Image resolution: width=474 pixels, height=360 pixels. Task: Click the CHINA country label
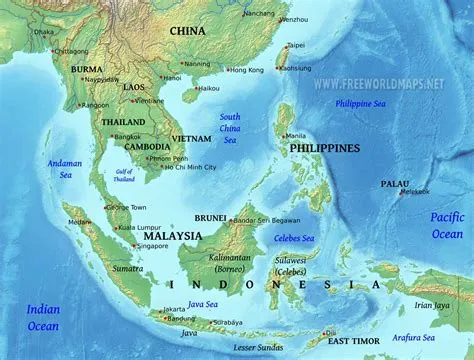pyautogui.click(x=187, y=31)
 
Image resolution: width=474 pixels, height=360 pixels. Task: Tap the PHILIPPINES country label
pyautogui.click(x=324, y=148)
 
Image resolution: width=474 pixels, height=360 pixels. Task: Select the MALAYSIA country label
pyautogui.click(x=168, y=236)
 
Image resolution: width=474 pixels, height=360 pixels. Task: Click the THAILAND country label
pyautogui.click(x=122, y=122)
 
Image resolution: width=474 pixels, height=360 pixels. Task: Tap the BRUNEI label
pyautogui.click(x=211, y=215)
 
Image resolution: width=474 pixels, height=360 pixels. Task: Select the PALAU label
pyautogui.click(x=394, y=184)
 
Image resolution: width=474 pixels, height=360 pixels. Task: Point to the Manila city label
pyautogui.click(x=295, y=136)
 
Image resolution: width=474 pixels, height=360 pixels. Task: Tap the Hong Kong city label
pyautogui.click(x=246, y=70)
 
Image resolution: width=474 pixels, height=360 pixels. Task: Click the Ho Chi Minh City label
pyautogui.click(x=177, y=166)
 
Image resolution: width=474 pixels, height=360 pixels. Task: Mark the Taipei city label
pyautogui.click(x=296, y=46)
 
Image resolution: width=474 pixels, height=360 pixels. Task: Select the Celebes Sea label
pyautogui.click(x=294, y=238)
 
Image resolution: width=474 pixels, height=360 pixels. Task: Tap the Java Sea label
pyautogui.click(x=203, y=303)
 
